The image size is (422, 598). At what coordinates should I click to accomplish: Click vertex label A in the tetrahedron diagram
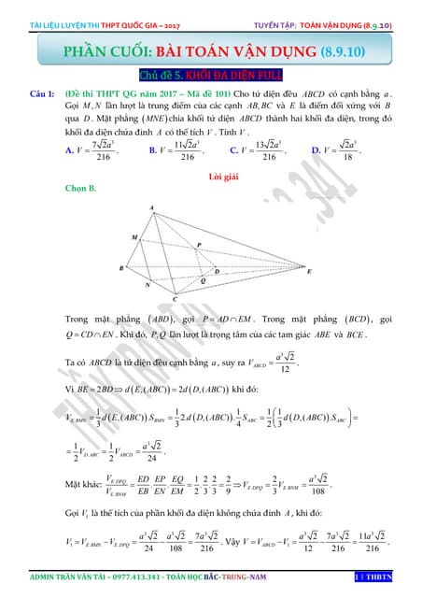coord(152,207)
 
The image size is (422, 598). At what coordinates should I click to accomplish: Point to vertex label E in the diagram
coord(309,271)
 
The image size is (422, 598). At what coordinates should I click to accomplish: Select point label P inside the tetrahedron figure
coord(198,245)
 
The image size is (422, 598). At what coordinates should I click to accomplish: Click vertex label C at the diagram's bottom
coord(175,299)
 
